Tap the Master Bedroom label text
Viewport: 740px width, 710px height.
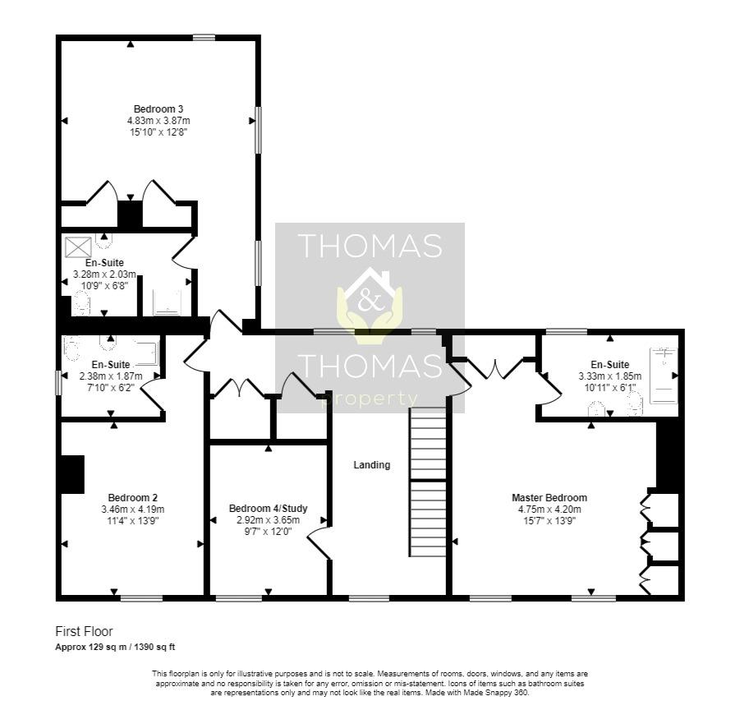(x=549, y=497)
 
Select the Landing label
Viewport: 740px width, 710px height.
(x=371, y=465)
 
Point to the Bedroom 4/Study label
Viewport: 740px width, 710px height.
(x=269, y=508)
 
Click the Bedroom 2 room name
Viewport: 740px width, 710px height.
(x=132, y=497)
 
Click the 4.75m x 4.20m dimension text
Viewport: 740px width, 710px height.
(x=549, y=509)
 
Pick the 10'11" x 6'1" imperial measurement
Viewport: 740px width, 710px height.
(x=609, y=387)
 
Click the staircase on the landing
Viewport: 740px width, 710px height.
(x=428, y=483)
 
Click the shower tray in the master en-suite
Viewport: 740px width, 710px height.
(x=664, y=376)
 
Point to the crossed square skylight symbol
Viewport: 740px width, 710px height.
(x=79, y=246)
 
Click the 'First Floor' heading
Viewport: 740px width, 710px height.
(x=84, y=632)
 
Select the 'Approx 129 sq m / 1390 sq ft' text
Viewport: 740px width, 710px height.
(x=115, y=648)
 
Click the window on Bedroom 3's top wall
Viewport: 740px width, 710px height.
(x=204, y=37)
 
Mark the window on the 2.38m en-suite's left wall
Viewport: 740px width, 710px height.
(x=58, y=383)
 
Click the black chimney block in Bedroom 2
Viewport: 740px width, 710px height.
(x=72, y=474)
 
